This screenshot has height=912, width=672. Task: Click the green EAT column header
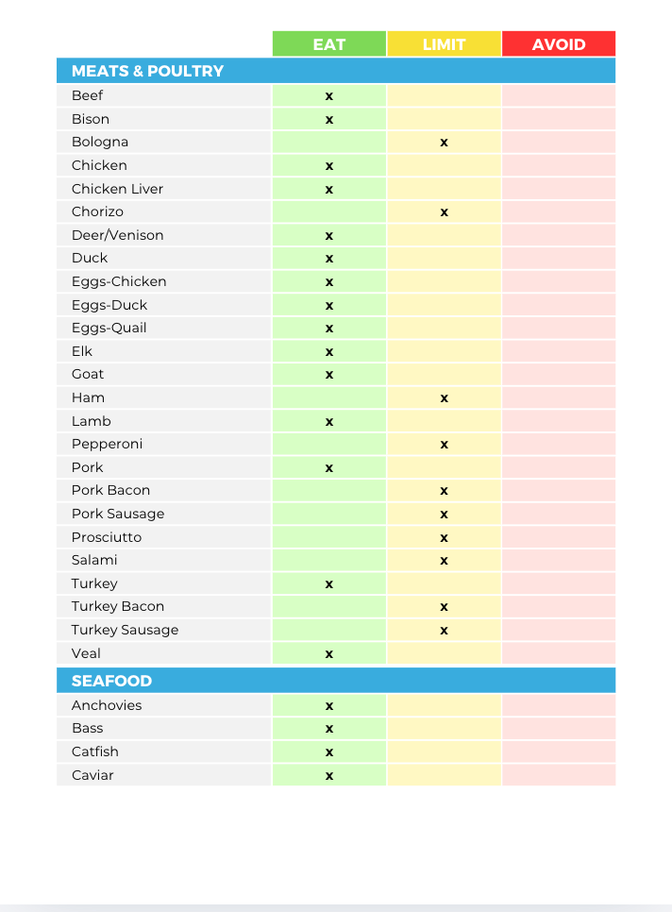[329, 44]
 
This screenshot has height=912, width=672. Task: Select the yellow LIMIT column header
[444, 44]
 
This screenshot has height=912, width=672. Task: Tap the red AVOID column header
[559, 44]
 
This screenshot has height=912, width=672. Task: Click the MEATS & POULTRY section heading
[147, 71]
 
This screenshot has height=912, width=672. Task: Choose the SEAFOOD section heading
[111, 681]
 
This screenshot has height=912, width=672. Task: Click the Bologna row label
[100, 142]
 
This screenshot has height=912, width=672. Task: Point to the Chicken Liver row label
[117, 189]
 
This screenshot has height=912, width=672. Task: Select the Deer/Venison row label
[117, 235]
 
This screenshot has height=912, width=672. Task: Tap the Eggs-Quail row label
[109, 328]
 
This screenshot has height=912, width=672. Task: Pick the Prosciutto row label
[107, 537]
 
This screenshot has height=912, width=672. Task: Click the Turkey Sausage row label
[125, 630]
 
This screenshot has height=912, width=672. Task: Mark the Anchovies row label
[107, 705]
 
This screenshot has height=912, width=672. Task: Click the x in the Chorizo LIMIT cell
[444, 212]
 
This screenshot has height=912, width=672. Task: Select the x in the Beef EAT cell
[329, 96]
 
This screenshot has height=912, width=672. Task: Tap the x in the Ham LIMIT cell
[444, 398]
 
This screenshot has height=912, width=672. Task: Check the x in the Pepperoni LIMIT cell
[444, 445]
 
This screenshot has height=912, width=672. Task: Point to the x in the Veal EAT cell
[329, 654]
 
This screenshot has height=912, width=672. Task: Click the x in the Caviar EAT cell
[329, 776]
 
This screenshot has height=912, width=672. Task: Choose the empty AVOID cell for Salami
[559, 561]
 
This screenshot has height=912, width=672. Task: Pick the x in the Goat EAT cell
[329, 375]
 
